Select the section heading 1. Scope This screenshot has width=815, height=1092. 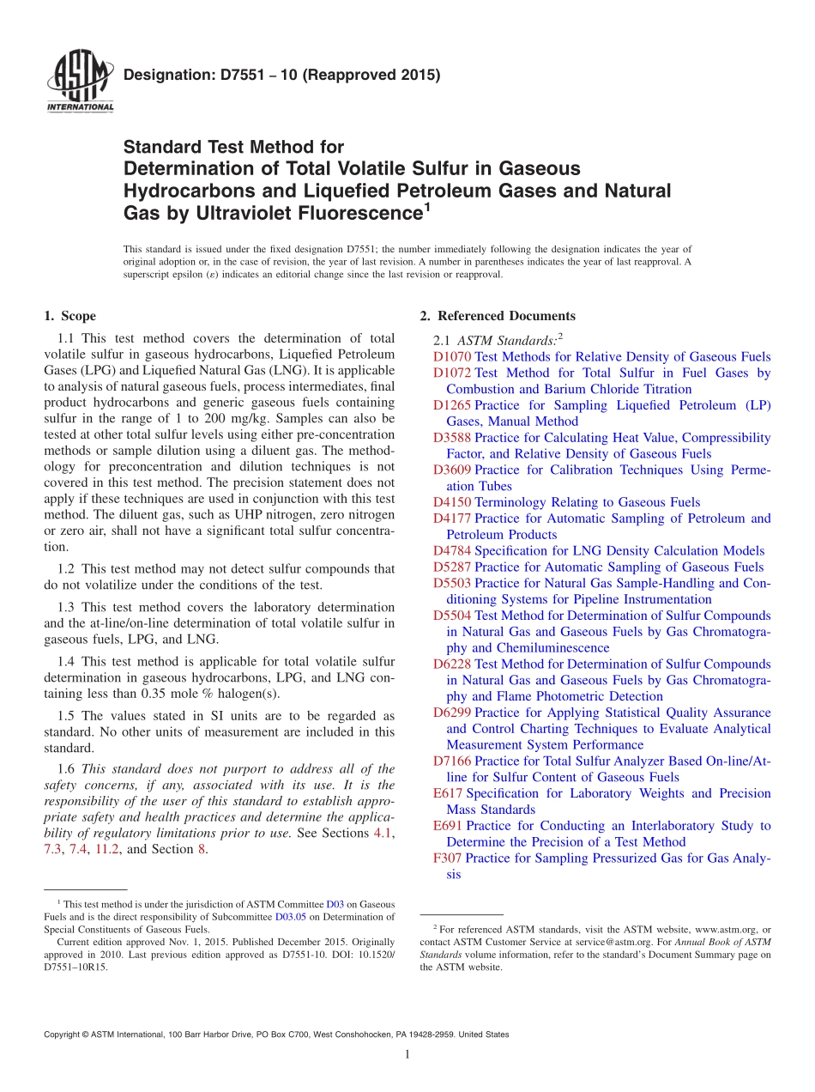[69, 316]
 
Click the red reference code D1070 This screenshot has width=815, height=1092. [452, 357]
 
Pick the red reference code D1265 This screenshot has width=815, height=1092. [452, 405]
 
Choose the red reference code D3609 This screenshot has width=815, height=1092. [452, 470]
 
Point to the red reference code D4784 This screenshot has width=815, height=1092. [452, 551]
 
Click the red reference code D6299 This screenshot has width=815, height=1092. [452, 713]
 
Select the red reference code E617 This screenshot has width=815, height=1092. [448, 793]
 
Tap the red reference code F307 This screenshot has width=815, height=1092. [448, 858]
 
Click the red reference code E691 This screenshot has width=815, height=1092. [448, 826]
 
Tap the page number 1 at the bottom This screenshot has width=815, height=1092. [407, 1054]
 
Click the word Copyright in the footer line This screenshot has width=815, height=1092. [65, 1034]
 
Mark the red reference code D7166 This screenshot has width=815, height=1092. [452, 761]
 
